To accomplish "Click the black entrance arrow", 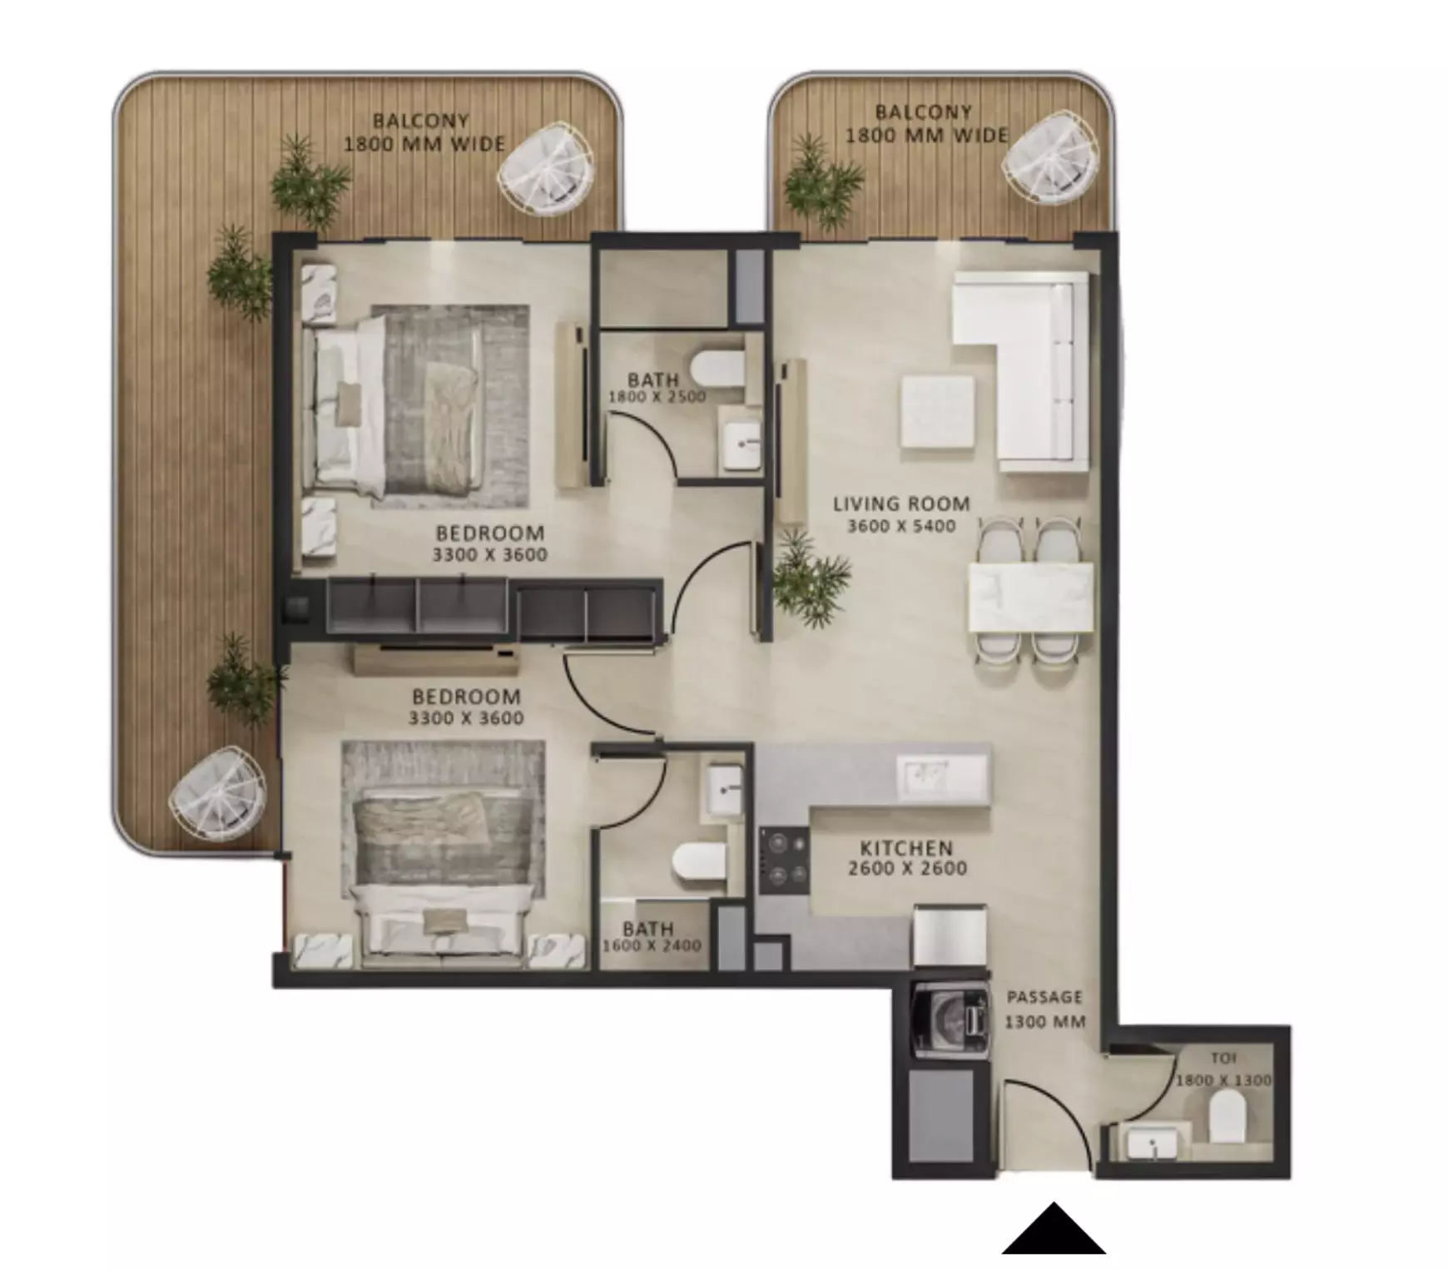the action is pyautogui.click(x=1054, y=1230).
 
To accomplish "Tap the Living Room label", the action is pyautogui.click(x=901, y=504).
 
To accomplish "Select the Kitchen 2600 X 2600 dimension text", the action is pyautogui.click(x=907, y=869).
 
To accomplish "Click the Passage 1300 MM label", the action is pyautogui.click(x=1044, y=1009).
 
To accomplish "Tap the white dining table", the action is pyautogui.click(x=1030, y=597).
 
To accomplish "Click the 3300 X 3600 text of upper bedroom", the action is pyautogui.click(x=489, y=555).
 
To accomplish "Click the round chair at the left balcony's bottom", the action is pyautogui.click(x=218, y=794).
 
